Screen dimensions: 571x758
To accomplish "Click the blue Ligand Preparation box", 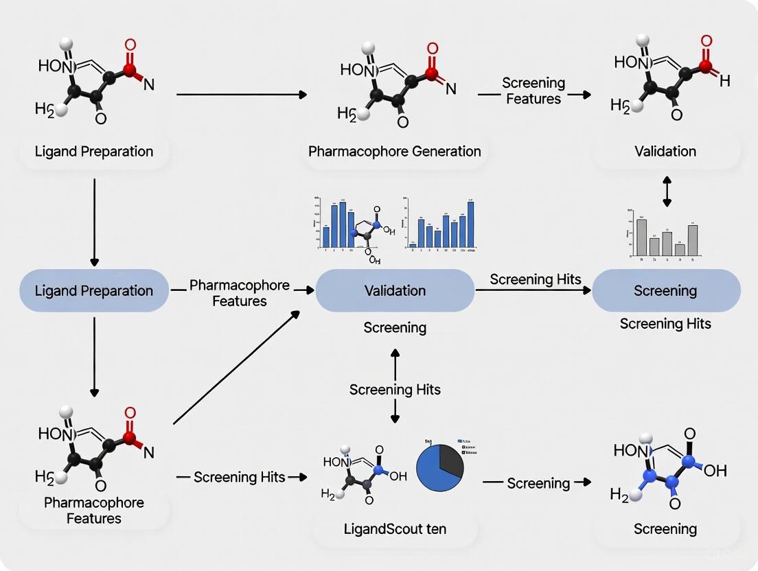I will tap(94, 291).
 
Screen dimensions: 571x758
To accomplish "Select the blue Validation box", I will tap(395, 291).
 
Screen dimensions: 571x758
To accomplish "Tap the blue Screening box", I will tap(665, 291).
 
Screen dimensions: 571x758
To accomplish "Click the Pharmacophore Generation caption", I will tap(395, 151).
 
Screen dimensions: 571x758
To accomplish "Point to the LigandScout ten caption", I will tap(395, 529).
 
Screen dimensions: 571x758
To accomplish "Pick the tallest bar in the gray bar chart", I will tap(642, 237).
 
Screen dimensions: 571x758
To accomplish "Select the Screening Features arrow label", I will tap(533, 91).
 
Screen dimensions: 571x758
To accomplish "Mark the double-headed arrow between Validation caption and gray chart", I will tap(666, 190).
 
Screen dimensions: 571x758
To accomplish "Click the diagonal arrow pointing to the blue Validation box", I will tap(237, 367).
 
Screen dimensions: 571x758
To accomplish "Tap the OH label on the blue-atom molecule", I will tap(714, 471).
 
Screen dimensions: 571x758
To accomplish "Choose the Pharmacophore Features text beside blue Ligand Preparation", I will tap(240, 292).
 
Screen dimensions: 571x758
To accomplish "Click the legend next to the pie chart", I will tap(468, 447).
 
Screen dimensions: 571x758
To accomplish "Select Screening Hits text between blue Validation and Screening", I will tap(536, 279).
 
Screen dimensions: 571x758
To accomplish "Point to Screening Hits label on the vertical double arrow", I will tap(395, 389).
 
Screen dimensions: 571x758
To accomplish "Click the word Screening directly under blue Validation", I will tap(395, 328).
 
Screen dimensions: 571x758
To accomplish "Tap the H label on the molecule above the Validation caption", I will tap(724, 82).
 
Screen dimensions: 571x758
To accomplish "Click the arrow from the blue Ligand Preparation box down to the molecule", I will tap(94, 357).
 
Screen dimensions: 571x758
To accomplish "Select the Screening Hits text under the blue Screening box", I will tap(665, 323).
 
